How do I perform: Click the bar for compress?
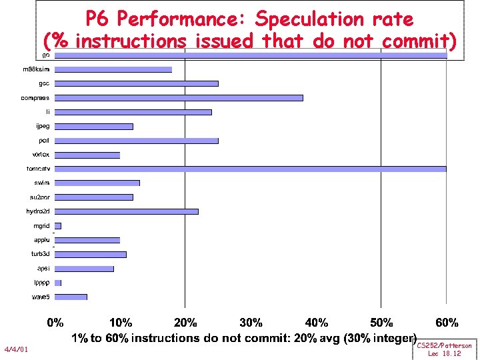coord(179,98)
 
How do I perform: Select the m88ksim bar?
coord(113,69)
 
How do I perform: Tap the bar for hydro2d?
coord(127,211)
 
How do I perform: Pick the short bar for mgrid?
coord(58,226)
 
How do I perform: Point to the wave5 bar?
coord(71,297)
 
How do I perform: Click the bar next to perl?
coord(137,141)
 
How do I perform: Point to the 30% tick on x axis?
coord(251,323)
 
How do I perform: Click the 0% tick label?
coord(55,323)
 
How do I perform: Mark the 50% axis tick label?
coord(381,323)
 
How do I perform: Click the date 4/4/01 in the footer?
coord(16,349)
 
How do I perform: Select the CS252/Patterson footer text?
coord(444,345)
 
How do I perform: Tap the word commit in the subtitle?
coord(419,41)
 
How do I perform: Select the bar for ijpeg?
coord(94,127)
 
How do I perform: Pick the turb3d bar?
coord(91,254)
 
